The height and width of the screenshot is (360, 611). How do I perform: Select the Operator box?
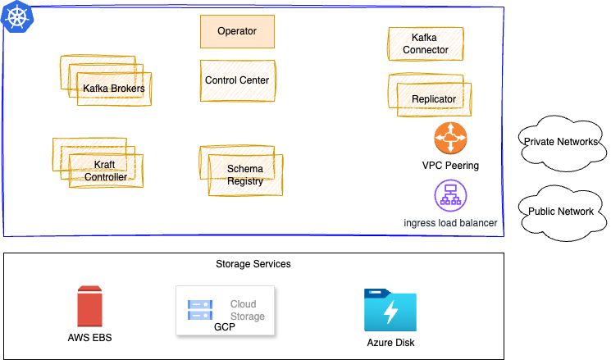pyautogui.click(x=237, y=31)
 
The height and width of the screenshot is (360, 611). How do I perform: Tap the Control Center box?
pyautogui.click(x=237, y=80)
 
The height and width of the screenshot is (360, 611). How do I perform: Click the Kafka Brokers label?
pyautogui.click(x=114, y=89)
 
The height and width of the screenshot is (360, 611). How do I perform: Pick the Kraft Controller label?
pyautogui.click(x=106, y=171)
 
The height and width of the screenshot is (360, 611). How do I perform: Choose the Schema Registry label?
pyautogui.click(x=245, y=175)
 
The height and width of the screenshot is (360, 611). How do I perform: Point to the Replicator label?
pyautogui.click(x=434, y=99)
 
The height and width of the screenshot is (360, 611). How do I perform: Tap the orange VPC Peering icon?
pyautogui.click(x=450, y=138)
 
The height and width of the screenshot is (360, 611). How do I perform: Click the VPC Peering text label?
pyautogui.click(x=450, y=166)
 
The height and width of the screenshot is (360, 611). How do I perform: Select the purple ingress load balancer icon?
pyautogui.click(x=450, y=195)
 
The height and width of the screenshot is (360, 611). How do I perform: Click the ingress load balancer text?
pyautogui.click(x=450, y=222)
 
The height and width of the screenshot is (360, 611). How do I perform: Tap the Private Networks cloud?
pyautogui.click(x=560, y=143)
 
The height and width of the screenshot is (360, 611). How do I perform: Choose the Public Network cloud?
pyautogui.click(x=560, y=212)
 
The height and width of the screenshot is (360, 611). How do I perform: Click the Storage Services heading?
pyautogui.click(x=253, y=264)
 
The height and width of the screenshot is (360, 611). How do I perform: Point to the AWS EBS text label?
pyautogui.click(x=89, y=337)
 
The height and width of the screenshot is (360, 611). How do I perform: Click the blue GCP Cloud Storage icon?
pyautogui.click(x=200, y=309)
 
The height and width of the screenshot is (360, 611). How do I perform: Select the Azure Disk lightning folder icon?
pyautogui.click(x=390, y=310)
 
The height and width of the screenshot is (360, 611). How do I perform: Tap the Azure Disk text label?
pyautogui.click(x=390, y=343)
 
